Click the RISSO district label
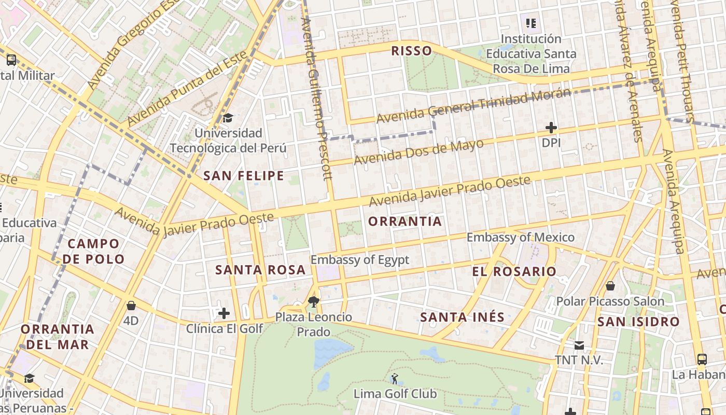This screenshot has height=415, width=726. coord(411,51)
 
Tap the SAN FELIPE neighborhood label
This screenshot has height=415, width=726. coord(244,176)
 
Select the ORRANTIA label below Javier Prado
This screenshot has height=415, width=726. coord(405,222)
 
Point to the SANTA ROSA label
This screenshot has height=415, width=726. coord(260,270)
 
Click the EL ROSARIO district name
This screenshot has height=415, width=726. coord(514,271)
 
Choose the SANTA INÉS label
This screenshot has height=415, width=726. coord(462,317)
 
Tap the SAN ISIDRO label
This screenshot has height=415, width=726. coord(638,322)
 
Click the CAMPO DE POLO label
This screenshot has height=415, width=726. coord(96,251)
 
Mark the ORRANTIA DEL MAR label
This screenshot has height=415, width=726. coord(58,336)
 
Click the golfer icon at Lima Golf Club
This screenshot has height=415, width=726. coord(395,379)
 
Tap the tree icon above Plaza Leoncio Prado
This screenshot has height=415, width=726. coord(313,301)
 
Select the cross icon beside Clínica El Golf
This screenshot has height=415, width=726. coord(224,313)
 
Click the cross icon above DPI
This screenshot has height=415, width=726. coord(551,128)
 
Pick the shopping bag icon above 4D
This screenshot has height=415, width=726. coord(131,306)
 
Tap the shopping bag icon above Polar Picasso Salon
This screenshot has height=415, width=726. coord(610,286)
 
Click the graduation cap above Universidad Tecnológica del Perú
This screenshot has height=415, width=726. coord(228,118)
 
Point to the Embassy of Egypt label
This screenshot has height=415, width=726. coord(360,260)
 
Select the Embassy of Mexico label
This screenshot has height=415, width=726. coord(521,238)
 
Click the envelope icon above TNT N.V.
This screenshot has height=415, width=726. coord(579,345)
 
